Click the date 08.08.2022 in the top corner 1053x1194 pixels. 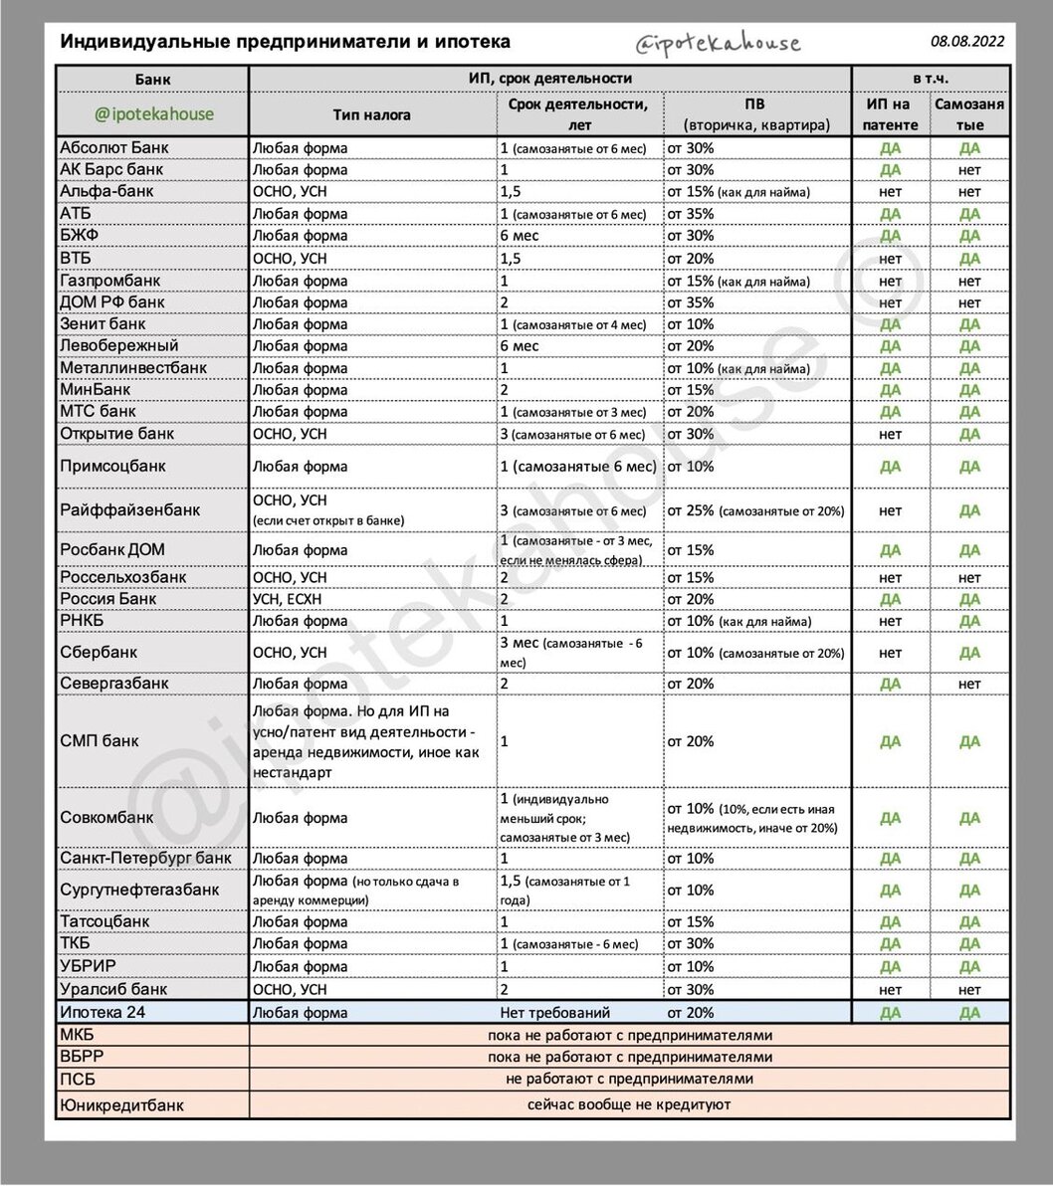pos(967,41)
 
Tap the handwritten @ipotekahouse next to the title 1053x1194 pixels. pos(718,43)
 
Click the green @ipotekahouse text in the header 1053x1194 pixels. pos(153,113)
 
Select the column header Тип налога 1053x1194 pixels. pos(372,114)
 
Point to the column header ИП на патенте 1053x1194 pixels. pos(890,114)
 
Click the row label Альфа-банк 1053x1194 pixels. pos(107,191)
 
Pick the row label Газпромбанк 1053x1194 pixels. pos(110,281)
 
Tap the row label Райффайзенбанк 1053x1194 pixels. pos(130,509)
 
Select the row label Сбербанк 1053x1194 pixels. pos(99,653)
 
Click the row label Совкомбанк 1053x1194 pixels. pos(107,818)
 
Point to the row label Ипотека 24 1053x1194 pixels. pos(104,1013)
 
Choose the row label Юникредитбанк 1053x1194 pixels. pos(122,1104)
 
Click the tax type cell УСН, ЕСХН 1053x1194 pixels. pos(288,599)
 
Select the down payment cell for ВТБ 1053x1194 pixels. pos(691,258)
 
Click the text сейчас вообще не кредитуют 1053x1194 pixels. pos(629,1104)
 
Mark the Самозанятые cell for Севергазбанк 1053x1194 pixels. pos(969,684)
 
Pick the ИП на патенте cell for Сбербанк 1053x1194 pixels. pos(890,653)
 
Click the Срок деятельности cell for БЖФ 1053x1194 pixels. pos(520,236)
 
